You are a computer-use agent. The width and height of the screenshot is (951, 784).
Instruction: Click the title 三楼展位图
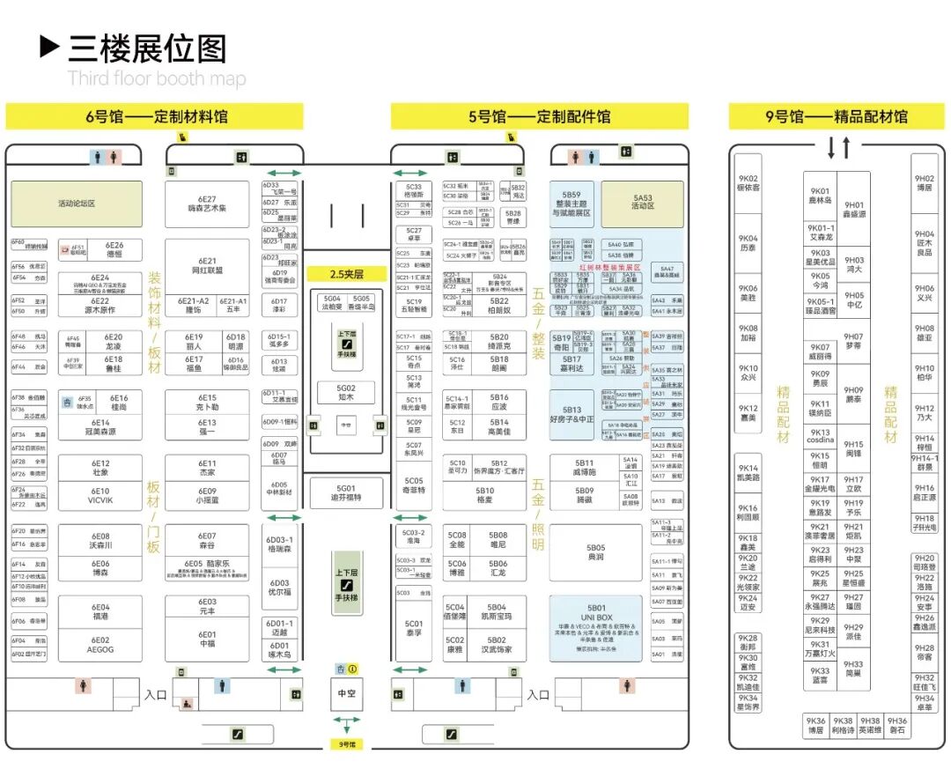point(146,48)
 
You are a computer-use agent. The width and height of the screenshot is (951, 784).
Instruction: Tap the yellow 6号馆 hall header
point(154,116)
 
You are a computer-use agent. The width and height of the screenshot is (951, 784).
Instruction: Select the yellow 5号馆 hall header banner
point(539,116)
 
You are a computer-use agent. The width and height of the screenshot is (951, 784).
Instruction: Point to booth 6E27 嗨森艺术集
point(207,204)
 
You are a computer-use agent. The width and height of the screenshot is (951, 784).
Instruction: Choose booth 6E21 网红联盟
point(207,265)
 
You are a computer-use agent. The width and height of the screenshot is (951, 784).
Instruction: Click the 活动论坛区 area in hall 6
point(76,203)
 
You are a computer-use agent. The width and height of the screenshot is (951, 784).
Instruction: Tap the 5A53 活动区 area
point(643,203)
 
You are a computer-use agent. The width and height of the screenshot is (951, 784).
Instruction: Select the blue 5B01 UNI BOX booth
point(596,627)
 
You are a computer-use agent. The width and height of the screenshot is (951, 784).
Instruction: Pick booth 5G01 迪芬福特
point(346,493)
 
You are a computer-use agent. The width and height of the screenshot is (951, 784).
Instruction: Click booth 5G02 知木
point(346,392)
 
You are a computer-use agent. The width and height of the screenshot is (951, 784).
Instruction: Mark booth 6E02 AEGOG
point(100,645)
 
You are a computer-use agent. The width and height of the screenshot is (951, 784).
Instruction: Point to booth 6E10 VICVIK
point(100,496)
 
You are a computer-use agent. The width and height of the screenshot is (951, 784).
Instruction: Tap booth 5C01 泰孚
point(414,627)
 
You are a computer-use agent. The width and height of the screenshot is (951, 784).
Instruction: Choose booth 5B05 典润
point(596,552)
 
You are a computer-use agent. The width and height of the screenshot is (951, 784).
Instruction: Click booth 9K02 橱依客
point(748,183)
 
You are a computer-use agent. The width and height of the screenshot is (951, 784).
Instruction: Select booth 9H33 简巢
point(853,669)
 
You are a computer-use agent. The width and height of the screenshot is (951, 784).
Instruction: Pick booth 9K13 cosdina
point(820,437)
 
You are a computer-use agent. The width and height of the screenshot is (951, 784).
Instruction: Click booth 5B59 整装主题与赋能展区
point(572,203)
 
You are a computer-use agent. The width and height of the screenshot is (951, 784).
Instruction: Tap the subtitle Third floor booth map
point(157,79)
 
